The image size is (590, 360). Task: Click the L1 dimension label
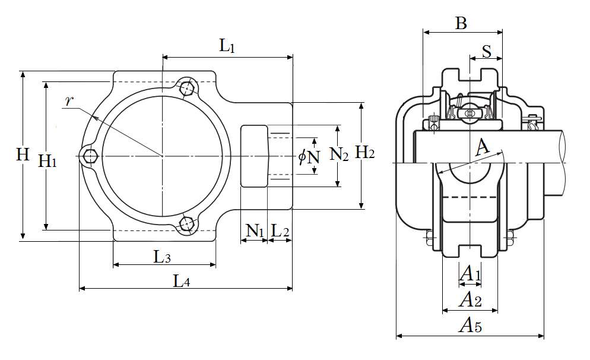coord(228,46)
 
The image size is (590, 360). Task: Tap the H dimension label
coord(23,155)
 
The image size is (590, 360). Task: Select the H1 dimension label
coord(47,160)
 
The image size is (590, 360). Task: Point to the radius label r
coord(69,100)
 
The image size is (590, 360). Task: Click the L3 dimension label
coord(163,257)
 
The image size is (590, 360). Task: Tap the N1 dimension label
coord(254,230)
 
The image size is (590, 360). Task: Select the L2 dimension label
coord(280,230)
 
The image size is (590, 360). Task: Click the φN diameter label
coord(309,157)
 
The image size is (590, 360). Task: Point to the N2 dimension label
coord(339,155)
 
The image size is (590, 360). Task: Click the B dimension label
coord(461,24)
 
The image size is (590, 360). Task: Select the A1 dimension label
coord(470,274)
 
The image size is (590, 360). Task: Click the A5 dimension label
coord(470,326)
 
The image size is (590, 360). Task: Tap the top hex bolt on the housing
coord(188,87)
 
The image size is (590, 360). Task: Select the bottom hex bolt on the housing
coord(188,224)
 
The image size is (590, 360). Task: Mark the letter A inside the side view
coord(483,146)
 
